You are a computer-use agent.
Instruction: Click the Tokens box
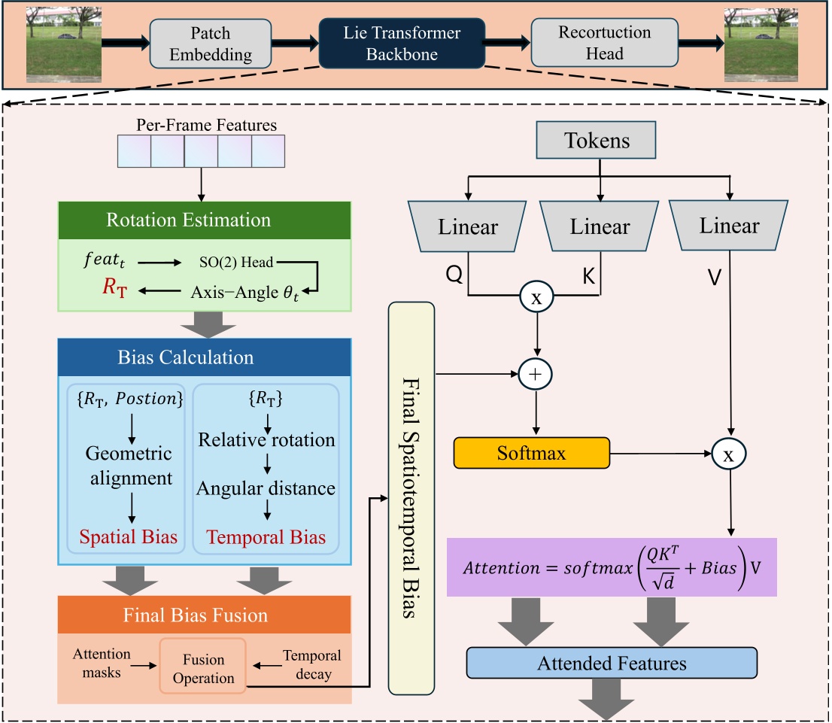tap(598, 141)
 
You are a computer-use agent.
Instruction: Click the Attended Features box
tap(611, 664)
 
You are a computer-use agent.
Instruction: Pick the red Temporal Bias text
tap(266, 538)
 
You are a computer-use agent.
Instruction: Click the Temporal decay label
tap(311, 665)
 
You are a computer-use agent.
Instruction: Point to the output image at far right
tap(765, 43)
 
